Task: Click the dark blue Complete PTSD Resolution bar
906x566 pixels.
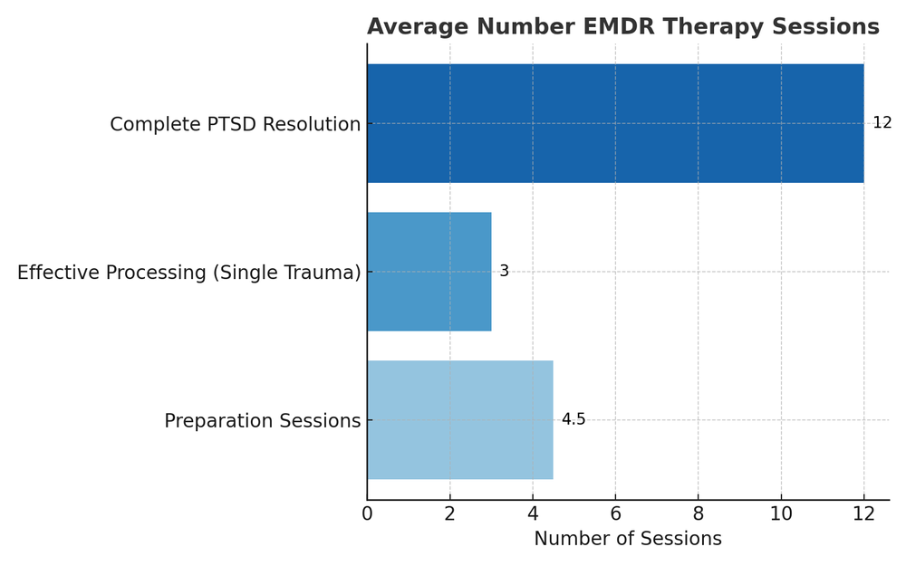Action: click(615, 123)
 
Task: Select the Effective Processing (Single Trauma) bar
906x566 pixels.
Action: click(429, 272)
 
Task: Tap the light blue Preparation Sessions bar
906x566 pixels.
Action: click(460, 420)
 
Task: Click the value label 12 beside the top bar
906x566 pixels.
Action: click(882, 123)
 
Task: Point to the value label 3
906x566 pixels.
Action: click(504, 272)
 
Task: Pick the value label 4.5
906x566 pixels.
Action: click(573, 420)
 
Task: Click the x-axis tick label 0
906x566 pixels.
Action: click(367, 514)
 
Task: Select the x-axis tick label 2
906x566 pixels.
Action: click(449, 514)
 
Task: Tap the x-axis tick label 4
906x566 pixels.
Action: click(533, 514)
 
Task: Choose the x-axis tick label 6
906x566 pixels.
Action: click(615, 514)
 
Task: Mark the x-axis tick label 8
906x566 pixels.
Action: click(699, 514)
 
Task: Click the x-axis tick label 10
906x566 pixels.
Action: click(781, 514)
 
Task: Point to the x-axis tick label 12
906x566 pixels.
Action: click(863, 514)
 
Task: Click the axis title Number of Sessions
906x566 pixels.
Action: click(628, 539)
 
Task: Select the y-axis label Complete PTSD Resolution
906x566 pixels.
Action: click(236, 125)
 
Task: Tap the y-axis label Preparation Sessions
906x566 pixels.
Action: click(263, 421)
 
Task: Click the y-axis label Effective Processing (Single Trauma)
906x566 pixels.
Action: click(189, 273)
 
